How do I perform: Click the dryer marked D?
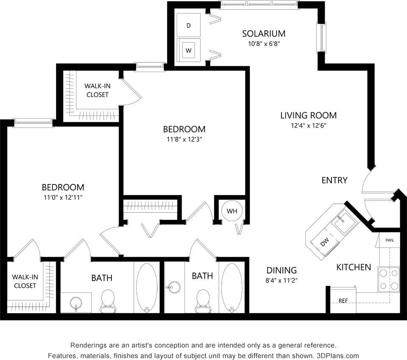pyautogui.click(x=189, y=26)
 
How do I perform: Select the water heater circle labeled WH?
pyautogui.click(x=232, y=211)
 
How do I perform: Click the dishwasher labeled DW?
pyautogui.click(x=324, y=242)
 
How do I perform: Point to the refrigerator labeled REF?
pyautogui.click(x=343, y=300)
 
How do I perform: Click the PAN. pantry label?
pyautogui.click(x=389, y=240)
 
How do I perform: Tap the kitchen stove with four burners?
pyautogui.click(x=388, y=279)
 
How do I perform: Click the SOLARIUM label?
pyautogui.click(x=263, y=34)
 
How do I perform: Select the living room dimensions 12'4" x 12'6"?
pyautogui.click(x=308, y=125)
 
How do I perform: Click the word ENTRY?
pyautogui.click(x=334, y=180)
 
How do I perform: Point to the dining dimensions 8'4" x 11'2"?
pyautogui.click(x=282, y=280)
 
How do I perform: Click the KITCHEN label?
pyautogui.click(x=353, y=267)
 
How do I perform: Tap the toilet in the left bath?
pyautogui.click(x=108, y=300)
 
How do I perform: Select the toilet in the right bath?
pyautogui.click(x=203, y=300)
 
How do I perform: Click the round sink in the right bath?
pyautogui.click(x=173, y=288)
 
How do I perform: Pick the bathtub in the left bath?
pyautogui.click(x=147, y=288)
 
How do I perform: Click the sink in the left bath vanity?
pyautogui.click(x=76, y=303)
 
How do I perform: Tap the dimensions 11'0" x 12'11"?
pyautogui.click(x=62, y=197)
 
